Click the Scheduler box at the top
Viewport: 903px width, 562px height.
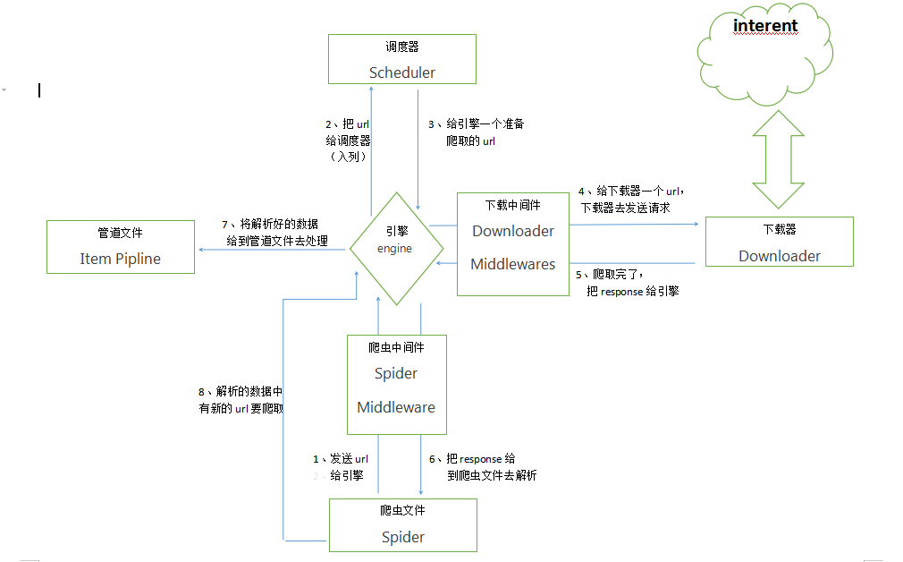point(401,59)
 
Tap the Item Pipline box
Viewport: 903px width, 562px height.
point(120,247)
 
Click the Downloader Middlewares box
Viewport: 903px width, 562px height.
point(513,243)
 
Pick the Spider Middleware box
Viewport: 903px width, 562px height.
point(396,385)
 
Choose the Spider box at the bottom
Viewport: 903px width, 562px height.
point(402,524)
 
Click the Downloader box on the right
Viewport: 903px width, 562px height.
point(779,242)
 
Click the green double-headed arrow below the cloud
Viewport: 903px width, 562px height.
point(778,159)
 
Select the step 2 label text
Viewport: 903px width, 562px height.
point(348,140)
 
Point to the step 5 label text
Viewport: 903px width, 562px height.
point(627,282)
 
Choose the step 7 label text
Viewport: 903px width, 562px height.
point(274,232)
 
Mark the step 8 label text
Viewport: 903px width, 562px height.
point(241,399)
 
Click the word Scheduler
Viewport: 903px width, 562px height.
point(401,72)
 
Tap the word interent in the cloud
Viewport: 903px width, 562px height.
point(764,26)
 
